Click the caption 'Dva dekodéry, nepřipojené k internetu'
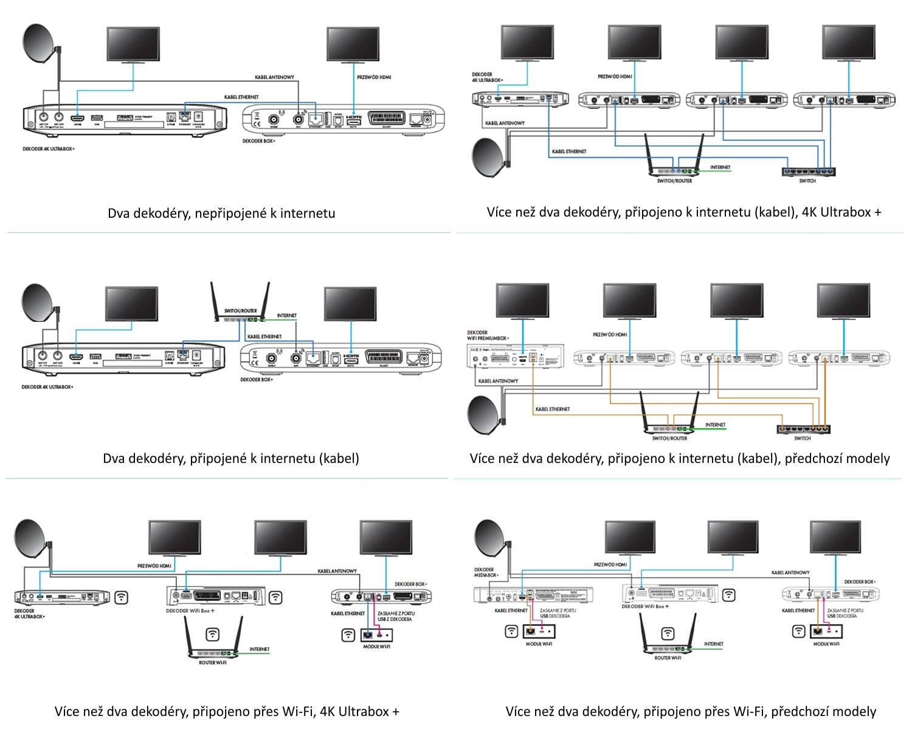coord(221,213)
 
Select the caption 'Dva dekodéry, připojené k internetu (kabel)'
coord(231,458)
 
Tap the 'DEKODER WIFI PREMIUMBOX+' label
coord(488,335)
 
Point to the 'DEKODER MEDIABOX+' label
coord(486,572)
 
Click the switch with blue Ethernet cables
coord(808,172)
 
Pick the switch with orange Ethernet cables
coord(803,429)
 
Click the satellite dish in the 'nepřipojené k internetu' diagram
coord(40,44)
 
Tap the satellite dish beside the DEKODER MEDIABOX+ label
coord(490,538)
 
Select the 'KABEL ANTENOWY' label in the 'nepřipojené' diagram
coord(274,77)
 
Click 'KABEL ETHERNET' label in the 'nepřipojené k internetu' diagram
coord(241,97)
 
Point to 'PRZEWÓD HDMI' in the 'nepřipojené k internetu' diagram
coord(374,77)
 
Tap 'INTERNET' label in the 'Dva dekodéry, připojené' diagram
coord(287,315)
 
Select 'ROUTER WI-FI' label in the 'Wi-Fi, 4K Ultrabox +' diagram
coord(212,662)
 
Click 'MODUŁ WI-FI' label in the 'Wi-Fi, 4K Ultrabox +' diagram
coord(376,647)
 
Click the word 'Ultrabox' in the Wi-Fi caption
coord(363,711)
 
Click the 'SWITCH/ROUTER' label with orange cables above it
coord(669,438)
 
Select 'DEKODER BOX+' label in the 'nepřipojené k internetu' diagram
coord(258,141)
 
